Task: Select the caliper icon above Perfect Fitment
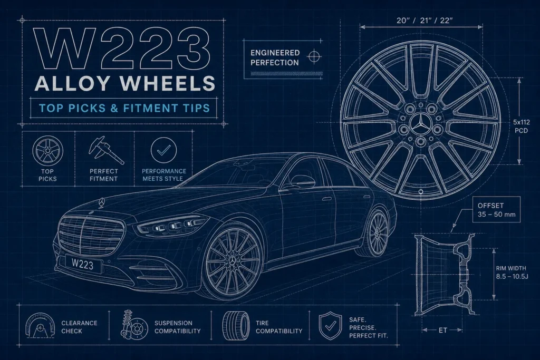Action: click(x=105, y=150)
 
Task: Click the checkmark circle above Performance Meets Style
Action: click(x=163, y=150)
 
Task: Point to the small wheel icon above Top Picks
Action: click(x=47, y=150)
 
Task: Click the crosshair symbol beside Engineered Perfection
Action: click(x=314, y=56)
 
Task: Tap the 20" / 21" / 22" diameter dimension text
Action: click(x=425, y=21)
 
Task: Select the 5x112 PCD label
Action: click(x=522, y=127)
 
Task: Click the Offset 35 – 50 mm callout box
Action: click(x=496, y=210)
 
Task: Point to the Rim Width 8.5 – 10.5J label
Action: click(x=512, y=272)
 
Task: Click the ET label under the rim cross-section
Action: click(x=443, y=330)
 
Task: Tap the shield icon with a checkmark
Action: click(x=330, y=326)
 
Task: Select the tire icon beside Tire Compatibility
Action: click(x=236, y=326)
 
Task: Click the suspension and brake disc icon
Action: click(x=134, y=325)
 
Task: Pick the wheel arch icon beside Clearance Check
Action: click(x=40, y=325)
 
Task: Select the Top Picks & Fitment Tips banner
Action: click(x=124, y=108)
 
